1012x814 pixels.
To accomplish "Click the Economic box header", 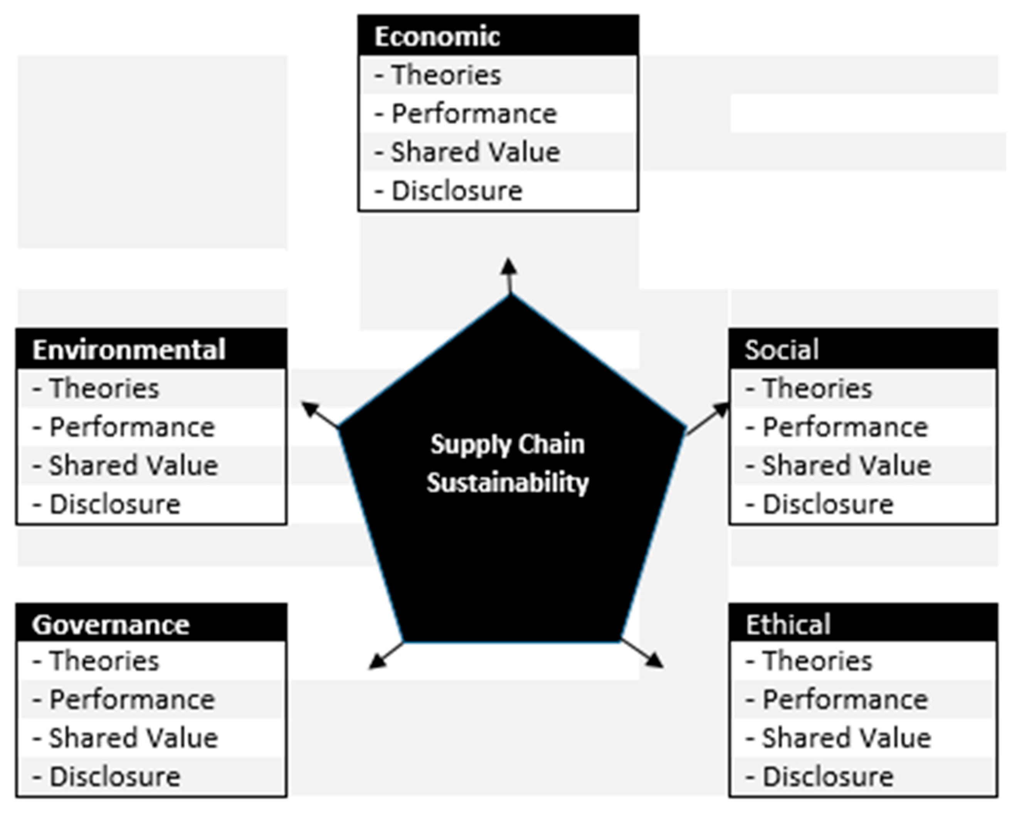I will pos(437,36).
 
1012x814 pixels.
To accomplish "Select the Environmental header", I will pos(129,350).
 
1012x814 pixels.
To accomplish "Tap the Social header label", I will pos(782,350).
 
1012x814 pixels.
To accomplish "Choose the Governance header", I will pos(111,625).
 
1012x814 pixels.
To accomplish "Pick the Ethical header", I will pos(788,625).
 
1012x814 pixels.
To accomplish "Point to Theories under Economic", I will pos(446,75).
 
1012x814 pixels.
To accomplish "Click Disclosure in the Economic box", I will pos(457,191).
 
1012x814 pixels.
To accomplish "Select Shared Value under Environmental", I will pos(133,466).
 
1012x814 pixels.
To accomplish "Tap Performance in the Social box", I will pos(845,427).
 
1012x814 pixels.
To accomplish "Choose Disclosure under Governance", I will pos(115,777).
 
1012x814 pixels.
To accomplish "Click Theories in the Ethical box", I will pos(817,661).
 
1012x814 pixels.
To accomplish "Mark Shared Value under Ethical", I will pos(846,738).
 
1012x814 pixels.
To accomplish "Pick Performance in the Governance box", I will pos(132,700).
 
